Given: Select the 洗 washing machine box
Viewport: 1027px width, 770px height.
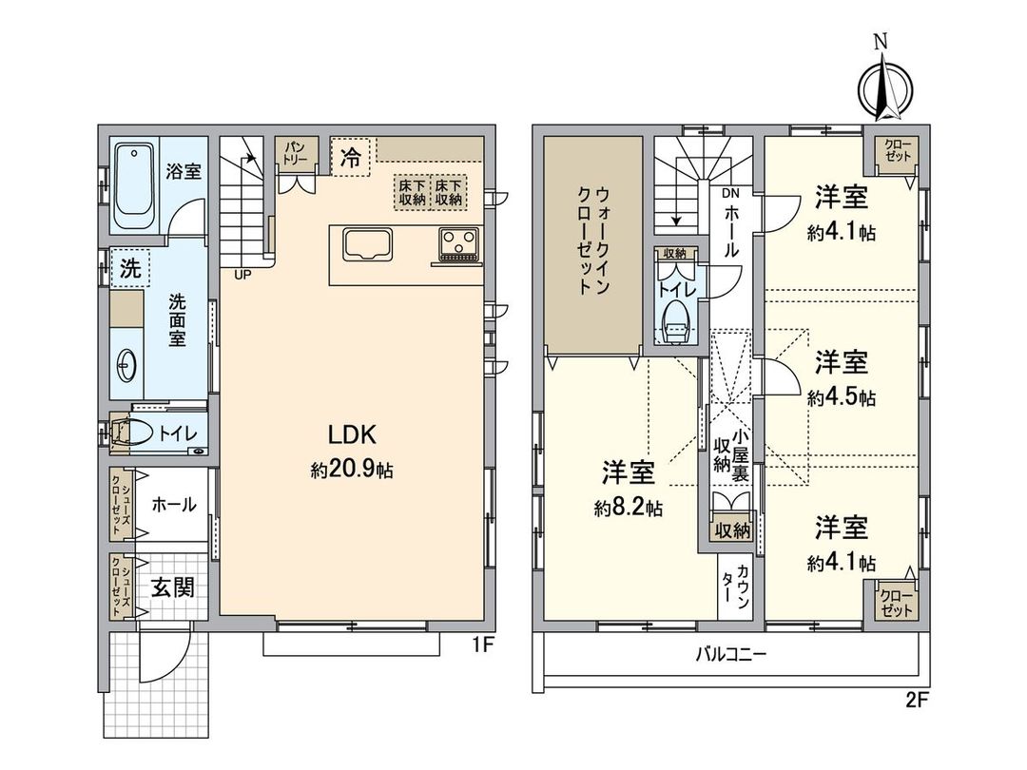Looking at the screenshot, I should pyautogui.click(x=127, y=268).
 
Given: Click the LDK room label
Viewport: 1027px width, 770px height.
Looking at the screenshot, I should pyautogui.click(x=354, y=435).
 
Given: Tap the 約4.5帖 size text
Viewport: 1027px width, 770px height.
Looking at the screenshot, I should pyautogui.click(x=842, y=398).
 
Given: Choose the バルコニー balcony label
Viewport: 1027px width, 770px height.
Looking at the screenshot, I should pyautogui.click(x=730, y=654).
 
